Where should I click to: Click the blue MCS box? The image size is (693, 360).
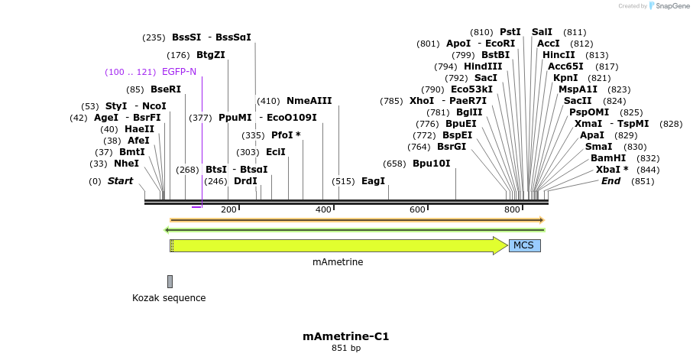[x=524, y=245]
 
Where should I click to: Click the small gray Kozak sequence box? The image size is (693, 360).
[x=170, y=281]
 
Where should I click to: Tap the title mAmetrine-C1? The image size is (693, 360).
[x=346, y=336]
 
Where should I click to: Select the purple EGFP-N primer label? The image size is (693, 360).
[x=179, y=72]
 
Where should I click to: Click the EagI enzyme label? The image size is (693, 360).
[x=373, y=181]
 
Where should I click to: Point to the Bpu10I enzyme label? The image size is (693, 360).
[x=432, y=164]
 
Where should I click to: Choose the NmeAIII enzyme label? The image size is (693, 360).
[x=309, y=101]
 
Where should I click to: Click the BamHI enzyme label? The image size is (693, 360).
[x=608, y=157]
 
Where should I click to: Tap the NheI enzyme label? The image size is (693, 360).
[x=126, y=164]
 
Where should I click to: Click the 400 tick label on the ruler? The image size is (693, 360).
[x=322, y=209]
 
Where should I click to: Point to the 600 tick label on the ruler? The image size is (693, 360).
[x=417, y=209]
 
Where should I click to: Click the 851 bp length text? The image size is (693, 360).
[x=346, y=349]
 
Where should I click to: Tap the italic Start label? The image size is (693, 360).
[x=120, y=181]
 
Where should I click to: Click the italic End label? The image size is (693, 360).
[x=610, y=181]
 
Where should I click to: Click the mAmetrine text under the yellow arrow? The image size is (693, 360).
[x=338, y=262]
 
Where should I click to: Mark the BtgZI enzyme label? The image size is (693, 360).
[x=210, y=54]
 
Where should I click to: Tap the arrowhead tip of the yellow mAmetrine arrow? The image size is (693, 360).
[x=506, y=245]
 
